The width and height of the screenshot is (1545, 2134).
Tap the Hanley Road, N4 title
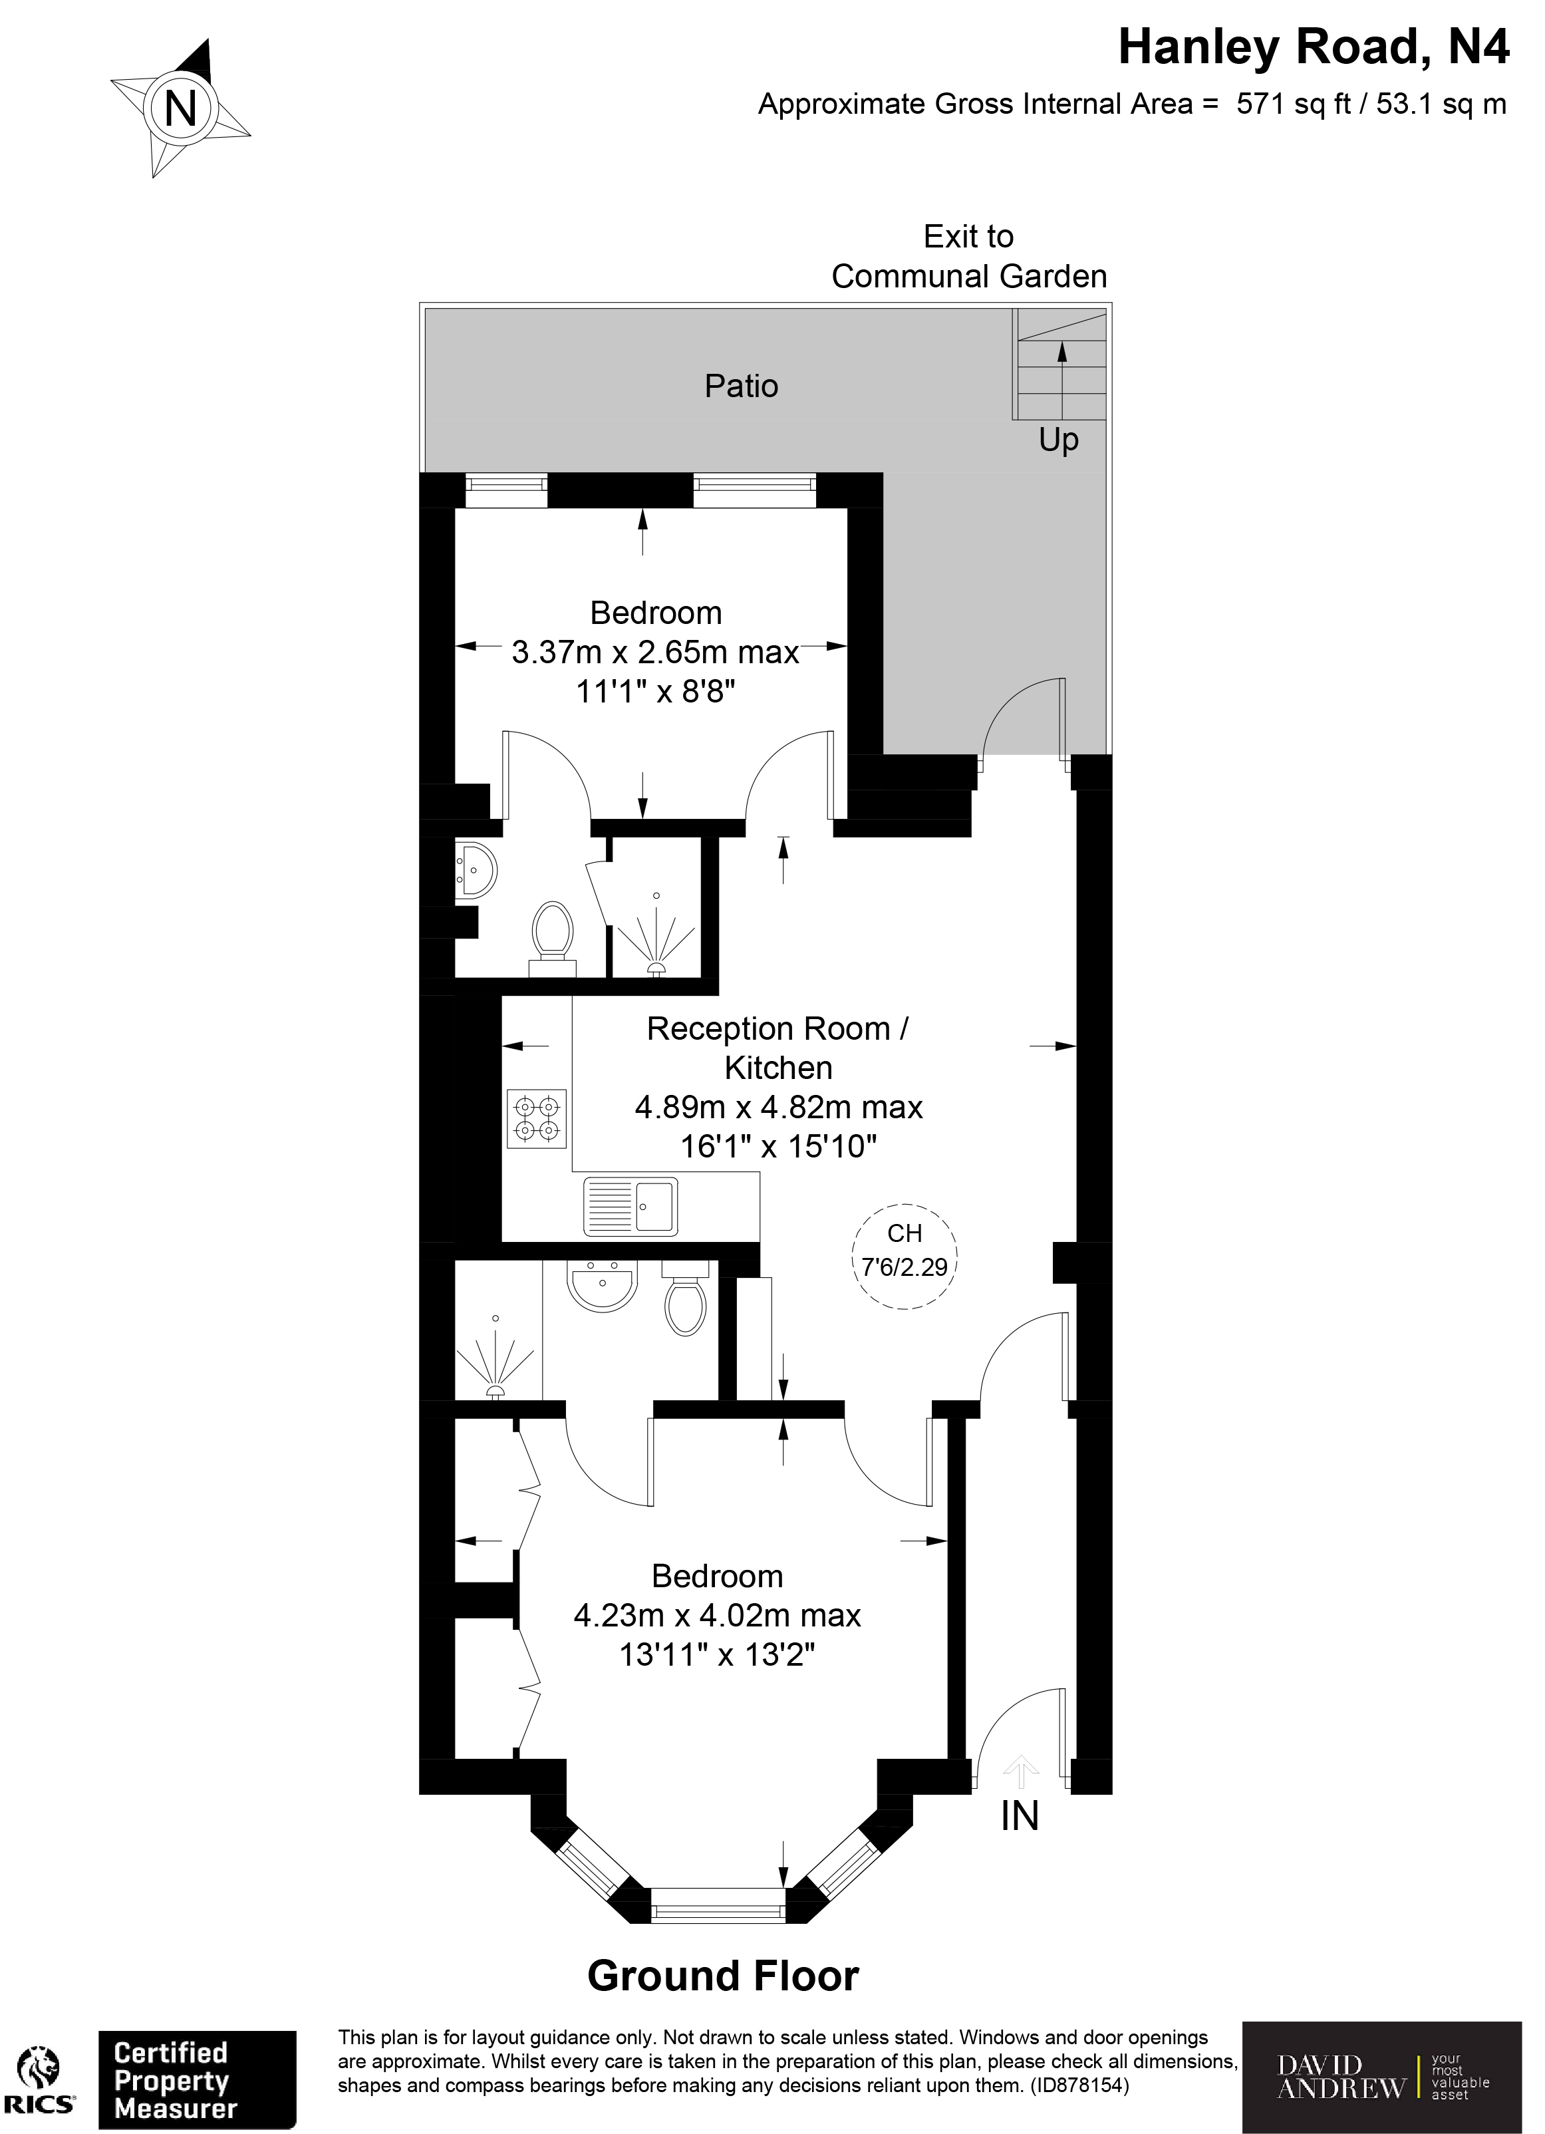point(1313,48)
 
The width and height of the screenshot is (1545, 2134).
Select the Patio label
point(742,386)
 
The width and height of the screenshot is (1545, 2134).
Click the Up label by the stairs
point(1059,440)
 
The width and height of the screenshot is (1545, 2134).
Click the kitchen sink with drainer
point(631,1206)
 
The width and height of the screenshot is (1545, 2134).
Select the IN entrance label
point(1020,1816)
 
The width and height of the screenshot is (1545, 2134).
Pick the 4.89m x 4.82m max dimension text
point(778,1108)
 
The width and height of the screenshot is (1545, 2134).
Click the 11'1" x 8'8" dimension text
point(655,692)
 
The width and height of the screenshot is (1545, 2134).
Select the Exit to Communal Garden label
point(968,256)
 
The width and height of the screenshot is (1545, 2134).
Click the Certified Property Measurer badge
point(198,2080)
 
